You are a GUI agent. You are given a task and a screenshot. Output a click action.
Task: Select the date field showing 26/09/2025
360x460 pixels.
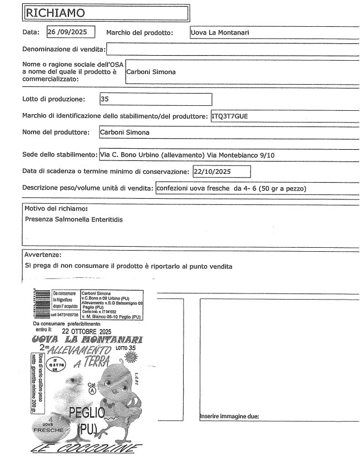[x=70, y=32]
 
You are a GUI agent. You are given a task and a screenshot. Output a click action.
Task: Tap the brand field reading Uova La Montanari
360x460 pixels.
[x=220, y=32]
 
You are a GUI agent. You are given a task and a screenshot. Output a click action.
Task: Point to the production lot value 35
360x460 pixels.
[x=105, y=100]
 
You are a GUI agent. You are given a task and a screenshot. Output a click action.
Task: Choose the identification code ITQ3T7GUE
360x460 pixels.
[x=232, y=116]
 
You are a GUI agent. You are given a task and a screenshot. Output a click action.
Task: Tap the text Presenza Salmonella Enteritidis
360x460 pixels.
[x=73, y=219]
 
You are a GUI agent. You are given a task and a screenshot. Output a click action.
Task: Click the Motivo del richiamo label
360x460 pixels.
[x=56, y=208]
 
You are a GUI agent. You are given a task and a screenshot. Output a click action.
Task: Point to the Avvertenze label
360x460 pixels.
[x=42, y=255]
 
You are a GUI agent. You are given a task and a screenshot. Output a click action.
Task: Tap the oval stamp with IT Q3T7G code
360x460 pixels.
[x=55, y=366]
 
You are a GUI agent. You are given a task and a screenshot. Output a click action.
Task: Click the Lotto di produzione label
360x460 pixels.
[x=53, y=100]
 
